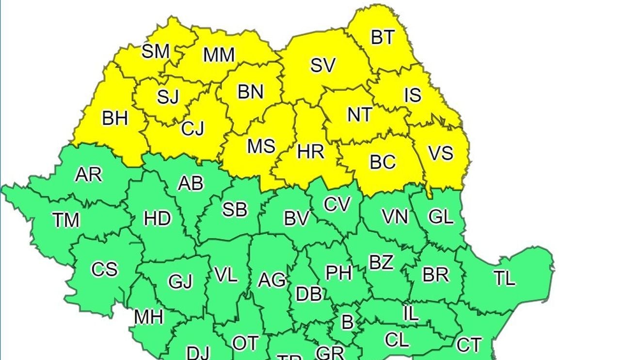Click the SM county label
156,51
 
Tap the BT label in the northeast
383,37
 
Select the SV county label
322,65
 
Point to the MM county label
219,55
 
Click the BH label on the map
115,118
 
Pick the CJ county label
193,128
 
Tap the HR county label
310,152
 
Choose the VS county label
441,153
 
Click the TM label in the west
66,220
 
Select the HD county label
158,219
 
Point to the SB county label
235,209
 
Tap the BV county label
296,219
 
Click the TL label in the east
504,279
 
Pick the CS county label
104,269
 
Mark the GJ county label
180,281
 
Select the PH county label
338,273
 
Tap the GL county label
441,217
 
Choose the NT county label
360,115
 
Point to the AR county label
89,174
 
